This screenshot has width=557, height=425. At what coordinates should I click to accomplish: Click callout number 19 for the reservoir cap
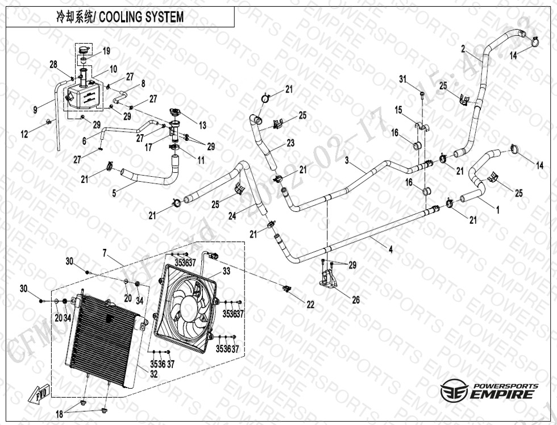tap(106, 52)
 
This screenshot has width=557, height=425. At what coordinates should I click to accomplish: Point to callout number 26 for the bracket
tap(356, 300)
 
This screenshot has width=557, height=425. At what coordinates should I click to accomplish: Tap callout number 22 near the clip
tap(310, 305)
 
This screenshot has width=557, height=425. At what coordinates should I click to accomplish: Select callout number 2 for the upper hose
tap(463, 48)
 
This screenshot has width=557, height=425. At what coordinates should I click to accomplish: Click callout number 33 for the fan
tap(226, 272)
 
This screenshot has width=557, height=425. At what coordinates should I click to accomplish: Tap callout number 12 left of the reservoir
tap(24, 135)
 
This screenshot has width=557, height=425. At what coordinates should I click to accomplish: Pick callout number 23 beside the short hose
tap(290, 143)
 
